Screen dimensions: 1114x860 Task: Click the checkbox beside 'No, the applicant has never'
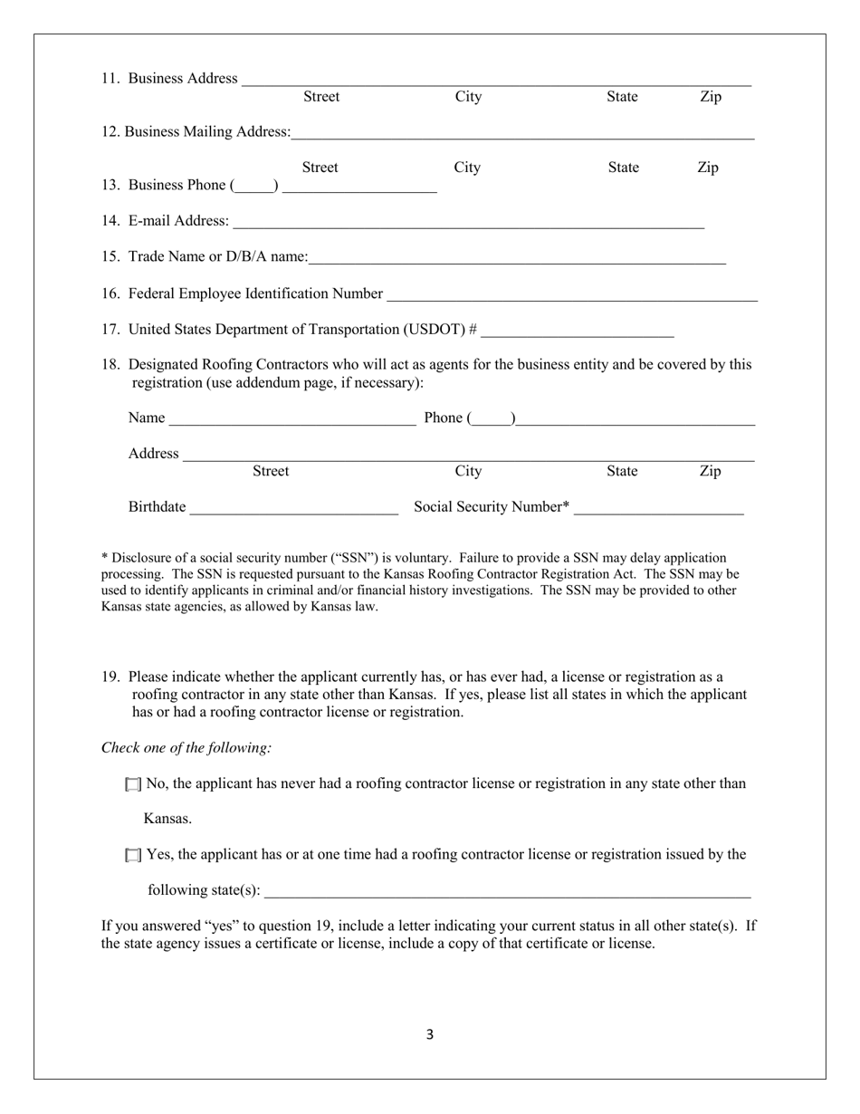pyautogui.click(x=133, y=784)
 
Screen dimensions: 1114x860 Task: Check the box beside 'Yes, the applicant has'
pyautogui.click(x=133, y=855)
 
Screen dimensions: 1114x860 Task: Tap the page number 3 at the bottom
pyautogui.click(x=430, y=1034)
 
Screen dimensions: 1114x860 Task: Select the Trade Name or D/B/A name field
pyautogui.click(x=517, y=259)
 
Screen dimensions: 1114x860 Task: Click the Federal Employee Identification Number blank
pyautogui.click(x=571, y=295)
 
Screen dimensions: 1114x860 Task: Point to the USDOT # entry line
pyautogui.click(x=578, y=331)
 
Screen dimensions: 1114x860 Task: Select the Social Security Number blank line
pyautogui.click(x=659, y=509)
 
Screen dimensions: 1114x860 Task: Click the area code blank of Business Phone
pyautogui.click(x=254, y=187)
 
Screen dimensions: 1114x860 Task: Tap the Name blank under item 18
pyautogui.click(x=292, y=419)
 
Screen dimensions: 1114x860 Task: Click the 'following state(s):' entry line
pyautogui.click(x=508, y=892)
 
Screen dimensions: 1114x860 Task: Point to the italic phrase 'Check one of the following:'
pyautogui.click(x=186, y=748)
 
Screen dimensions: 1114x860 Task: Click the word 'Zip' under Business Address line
pyautogui.click(x=711, y=97)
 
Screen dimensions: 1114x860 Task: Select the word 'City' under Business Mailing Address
pyautogui.click(x=467, y=168)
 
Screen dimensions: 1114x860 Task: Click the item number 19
pyautogui.click(x=110, y=677)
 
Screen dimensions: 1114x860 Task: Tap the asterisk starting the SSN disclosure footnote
pyautogui.click(x=104, y=558)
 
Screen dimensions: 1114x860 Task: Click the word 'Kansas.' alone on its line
pyautogui.click(x=167, y=820)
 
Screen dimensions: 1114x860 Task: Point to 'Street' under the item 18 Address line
pyautogui.click(x=271, y=471)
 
